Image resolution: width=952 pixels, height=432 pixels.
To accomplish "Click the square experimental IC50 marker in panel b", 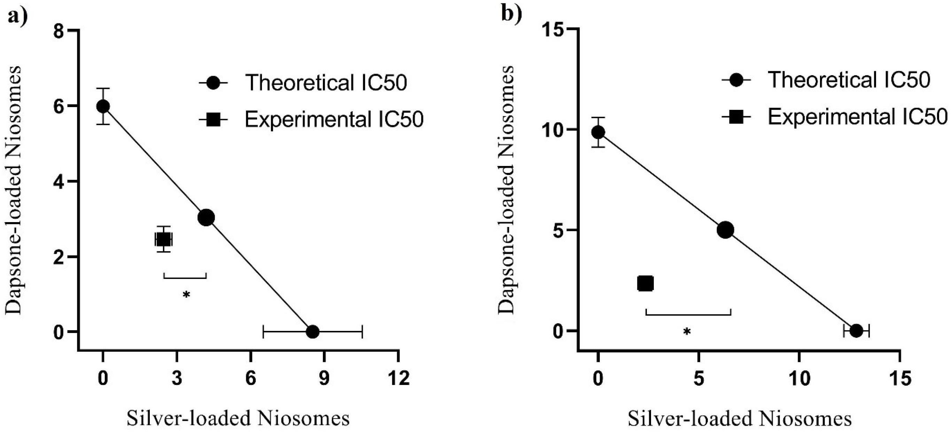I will click(x=645, y=283).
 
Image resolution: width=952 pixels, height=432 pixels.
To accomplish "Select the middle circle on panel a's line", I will click(x=206, y=218).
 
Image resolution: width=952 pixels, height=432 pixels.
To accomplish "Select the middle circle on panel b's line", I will click(x=725, y=230).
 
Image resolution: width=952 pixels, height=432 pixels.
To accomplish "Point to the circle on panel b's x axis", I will click(x=856, y=330).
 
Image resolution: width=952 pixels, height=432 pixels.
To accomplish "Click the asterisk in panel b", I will click(x=687, y=332).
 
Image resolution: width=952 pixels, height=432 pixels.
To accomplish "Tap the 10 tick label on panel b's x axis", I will click(x=799, y=378).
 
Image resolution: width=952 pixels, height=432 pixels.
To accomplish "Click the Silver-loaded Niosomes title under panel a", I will click(x=238, y=419).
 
